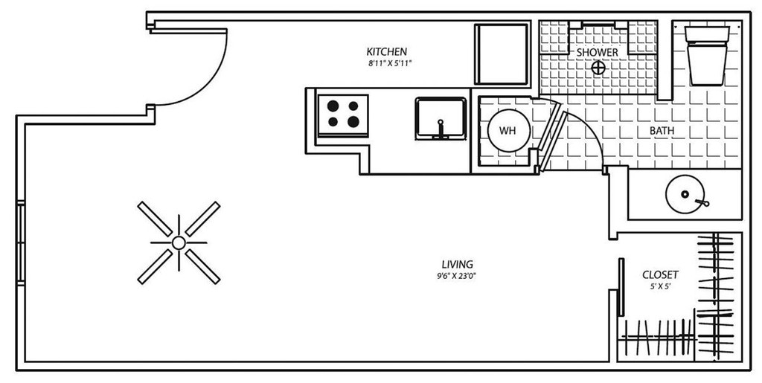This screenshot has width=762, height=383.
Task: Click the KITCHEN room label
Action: [x=386, y=52]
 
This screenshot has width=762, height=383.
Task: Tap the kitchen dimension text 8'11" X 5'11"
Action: [x=386, y=63]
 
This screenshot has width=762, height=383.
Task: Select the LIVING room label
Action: [x=458, y=265]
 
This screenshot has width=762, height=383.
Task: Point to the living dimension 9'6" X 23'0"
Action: [x=458, y=276]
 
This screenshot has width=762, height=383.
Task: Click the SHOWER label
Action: [x=598, y=53]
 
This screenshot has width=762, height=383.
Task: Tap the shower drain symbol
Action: [x=598, y=68]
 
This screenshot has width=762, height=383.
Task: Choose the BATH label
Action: [x=662, y=131]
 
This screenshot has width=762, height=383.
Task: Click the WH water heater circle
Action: [x=508, y=131]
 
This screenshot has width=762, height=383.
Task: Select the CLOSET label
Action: [x=660, y=275]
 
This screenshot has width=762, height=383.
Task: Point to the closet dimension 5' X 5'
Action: [x=660, y=286]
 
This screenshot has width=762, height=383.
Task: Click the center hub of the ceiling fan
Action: [x=179, y=242]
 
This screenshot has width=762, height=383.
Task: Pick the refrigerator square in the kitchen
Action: [x=502, y=54]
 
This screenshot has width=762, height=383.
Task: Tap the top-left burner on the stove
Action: [x=332, y=106]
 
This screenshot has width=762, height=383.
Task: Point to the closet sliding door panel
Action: [x=620, y=286]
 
